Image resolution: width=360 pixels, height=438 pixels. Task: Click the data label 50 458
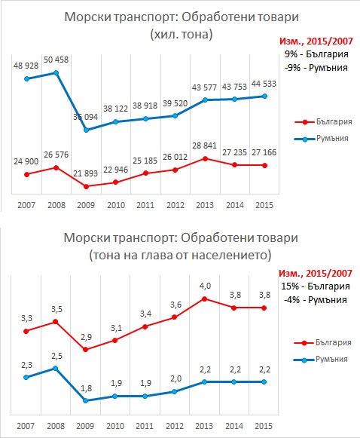click(x=56, y=60)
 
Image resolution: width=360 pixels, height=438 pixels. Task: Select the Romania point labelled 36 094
click(x=86, y=130)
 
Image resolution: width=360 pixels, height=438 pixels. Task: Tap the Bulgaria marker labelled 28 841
click(x=205, y=158)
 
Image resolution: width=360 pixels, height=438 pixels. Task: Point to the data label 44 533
click(x=264, y=84)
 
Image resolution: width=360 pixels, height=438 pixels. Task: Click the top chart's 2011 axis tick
click(x=145, y=205)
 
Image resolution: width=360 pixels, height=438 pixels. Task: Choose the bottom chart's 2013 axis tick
click(x=204, y=426)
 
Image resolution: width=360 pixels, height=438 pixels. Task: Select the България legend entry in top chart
click(x=323, y=122)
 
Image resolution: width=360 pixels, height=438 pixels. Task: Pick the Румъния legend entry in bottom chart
click(x=321, y=360)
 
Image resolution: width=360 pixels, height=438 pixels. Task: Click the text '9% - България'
click(x=316, y=54)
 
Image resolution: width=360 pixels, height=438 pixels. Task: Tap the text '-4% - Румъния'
click(x=316, y=300)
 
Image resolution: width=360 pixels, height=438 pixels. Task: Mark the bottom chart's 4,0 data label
click(x=205, y=286)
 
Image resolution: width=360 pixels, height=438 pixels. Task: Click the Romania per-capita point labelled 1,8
click(x=86, y=400)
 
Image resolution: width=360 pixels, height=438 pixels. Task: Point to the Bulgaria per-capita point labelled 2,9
click(x=86, y=350)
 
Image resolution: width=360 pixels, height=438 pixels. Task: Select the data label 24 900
click(x=26, y=161)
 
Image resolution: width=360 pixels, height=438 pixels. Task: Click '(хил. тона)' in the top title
click(x=182, y=35)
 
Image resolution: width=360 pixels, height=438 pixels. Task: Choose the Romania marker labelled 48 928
click(x=27, y=78)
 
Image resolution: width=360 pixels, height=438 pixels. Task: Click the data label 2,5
click(x=56, y=356)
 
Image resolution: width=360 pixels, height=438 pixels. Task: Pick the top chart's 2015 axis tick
click(x=264, y=205)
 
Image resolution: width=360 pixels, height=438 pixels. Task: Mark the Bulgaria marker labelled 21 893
click(x=86, y=186)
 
